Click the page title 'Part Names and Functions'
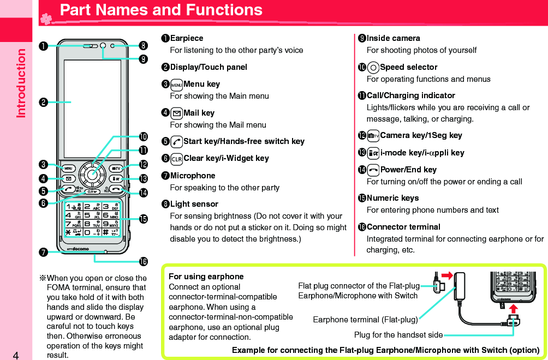click(x=161, y=10)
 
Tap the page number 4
click(x=16, y=356)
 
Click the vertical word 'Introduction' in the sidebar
click(x=21, y=83)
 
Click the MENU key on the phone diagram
click(x=69, y=168)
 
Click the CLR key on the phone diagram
click(x=92, y=192)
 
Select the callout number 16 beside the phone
click(x=143, y=262)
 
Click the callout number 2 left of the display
click(x=41, y=102)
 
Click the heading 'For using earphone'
click(x=206, y=277)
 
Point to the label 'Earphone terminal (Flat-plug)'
click(x=365, y=319)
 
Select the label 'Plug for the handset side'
click(x=398, y=334)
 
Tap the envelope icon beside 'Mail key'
click(x=176, y=113)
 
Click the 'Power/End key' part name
click(x=408, y=170)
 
